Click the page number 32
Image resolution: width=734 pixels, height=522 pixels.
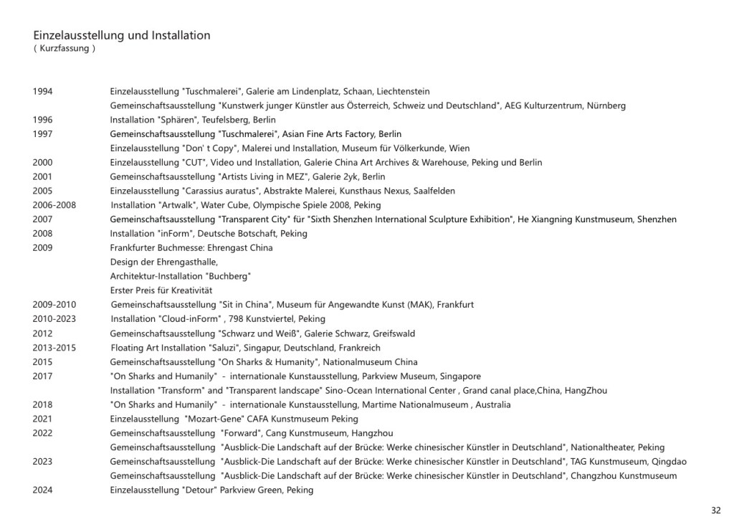click(x=715, y=511)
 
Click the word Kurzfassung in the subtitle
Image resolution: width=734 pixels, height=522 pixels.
click(x=65, y=49)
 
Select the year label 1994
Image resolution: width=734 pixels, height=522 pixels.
click(x=42, y=92)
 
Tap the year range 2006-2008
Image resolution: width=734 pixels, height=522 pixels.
click(x=54, y=206)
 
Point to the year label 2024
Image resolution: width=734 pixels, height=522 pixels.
click(x=42, y=490)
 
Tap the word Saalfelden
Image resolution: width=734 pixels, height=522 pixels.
click(x=431, y=191)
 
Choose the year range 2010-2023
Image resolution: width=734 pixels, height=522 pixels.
click(x=54, y=319)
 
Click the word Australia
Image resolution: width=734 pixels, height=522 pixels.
click(x=493, y=405)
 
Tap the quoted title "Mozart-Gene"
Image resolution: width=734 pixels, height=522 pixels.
click(x=210, y=419)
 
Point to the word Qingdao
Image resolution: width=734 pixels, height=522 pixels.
click(x=669, y=462)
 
